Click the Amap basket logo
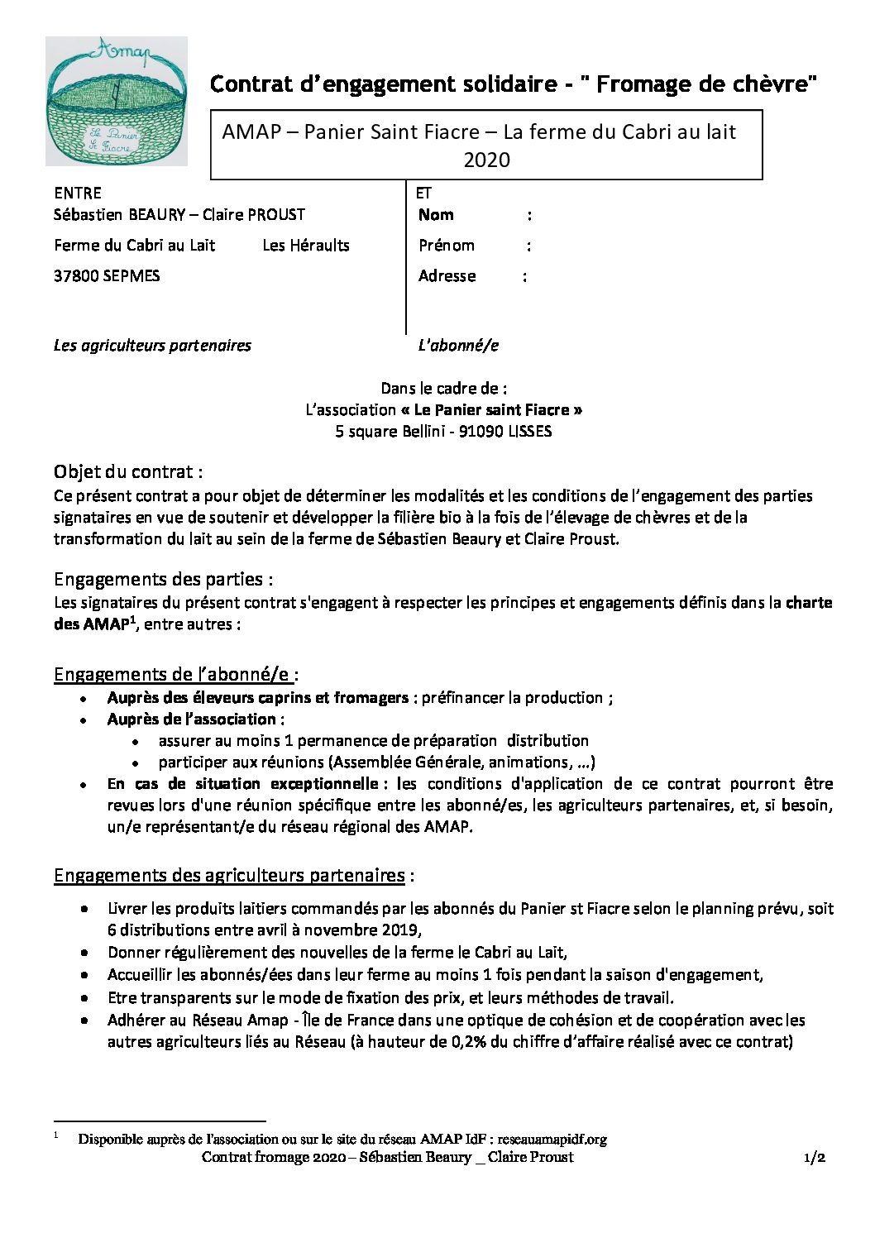coord(116,101)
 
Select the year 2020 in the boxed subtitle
coord(486,160)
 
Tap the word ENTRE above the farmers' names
coord(78,193)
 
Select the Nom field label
coord(436,215)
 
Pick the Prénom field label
coord(447,246)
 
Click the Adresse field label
coord(447,276)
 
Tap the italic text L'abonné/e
coord(458,345)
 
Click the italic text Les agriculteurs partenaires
coord(152,345)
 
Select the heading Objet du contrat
coord(127,472)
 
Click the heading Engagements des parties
coord(163,579)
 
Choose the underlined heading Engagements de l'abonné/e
coord(175,674)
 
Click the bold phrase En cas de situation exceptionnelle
coord(242,783)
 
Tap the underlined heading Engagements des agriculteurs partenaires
coord(229,875)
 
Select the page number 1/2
coord(815,1158)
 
